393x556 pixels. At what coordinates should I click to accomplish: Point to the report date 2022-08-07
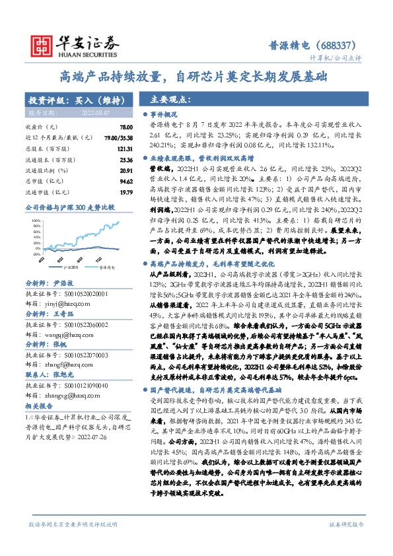click(98, 113)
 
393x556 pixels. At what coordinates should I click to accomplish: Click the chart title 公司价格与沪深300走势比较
click(70, 207)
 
